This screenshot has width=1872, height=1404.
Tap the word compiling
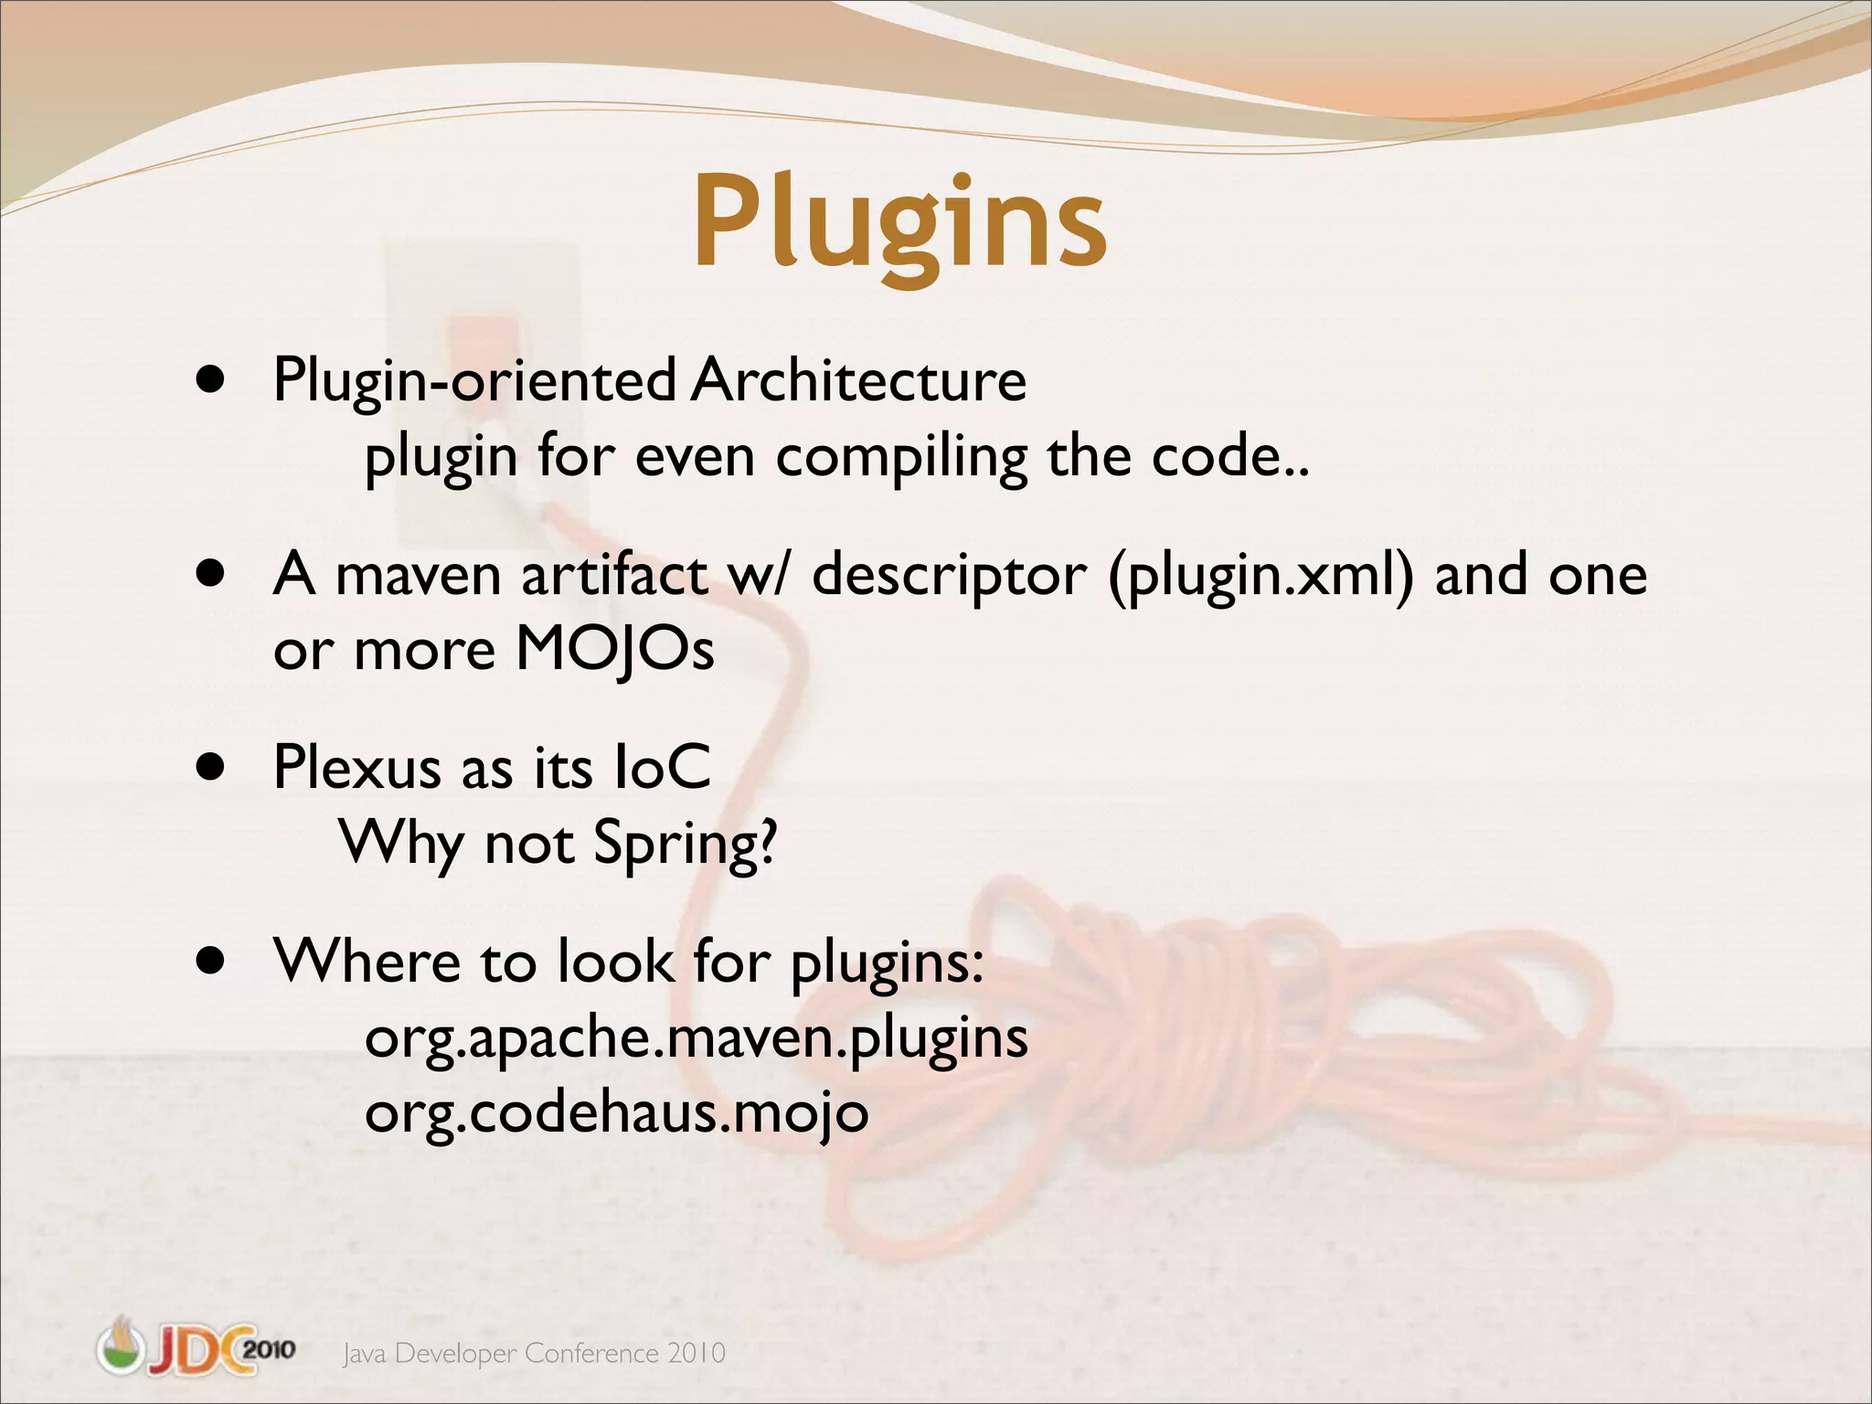click(x=901, y=457)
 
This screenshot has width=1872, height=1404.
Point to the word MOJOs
click(x=615, y=650)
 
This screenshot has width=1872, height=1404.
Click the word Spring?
click(x=686, y=843)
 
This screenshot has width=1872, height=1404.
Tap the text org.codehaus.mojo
click(x=616, y=1113)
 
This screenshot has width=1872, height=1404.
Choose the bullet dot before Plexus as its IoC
click(x=211, y=767)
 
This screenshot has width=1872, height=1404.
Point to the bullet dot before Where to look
click(x=211, y=961)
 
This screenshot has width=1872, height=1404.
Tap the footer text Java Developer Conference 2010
click(x=534, y=1353)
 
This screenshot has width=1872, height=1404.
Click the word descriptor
click(x=950, y=576)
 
